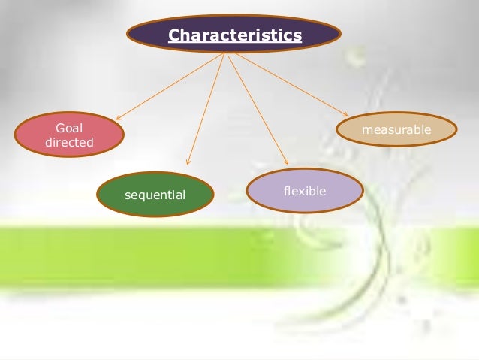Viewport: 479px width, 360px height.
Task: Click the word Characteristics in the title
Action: coord(234,35)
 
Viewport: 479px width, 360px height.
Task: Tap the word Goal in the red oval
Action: coord(69,129)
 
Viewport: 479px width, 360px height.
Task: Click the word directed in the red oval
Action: coord(69,142)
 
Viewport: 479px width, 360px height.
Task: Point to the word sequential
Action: coord(155,195)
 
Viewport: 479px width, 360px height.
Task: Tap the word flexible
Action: coord(305,191)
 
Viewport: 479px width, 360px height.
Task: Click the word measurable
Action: coord(396,130)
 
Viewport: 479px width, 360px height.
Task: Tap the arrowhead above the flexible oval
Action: coord(286,162)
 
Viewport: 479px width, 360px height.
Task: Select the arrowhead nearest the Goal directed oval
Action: coord(118,118)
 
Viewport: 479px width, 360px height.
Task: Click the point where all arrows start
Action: coord(225,53)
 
